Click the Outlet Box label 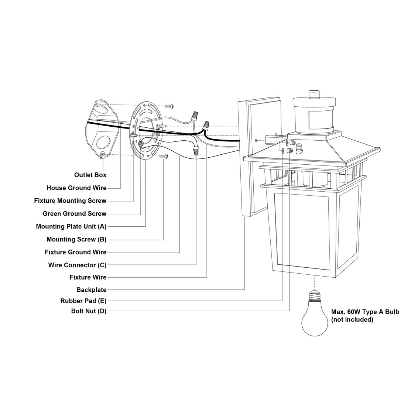tap(90, 175)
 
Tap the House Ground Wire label tap(76, 188)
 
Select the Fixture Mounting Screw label tap(70, 201)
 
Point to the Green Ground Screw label tap(74, 213)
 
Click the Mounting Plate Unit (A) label tap(71, 227)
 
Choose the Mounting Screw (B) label tap(76, 239)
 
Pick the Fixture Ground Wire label tap(75, 252)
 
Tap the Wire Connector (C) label tap(77, 265)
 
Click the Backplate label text tap(92, 290)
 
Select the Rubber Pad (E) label tap(83, 301)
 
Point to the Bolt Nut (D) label tap(89, 311)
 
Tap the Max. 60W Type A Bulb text tap(365, 312)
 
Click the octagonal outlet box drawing tap(102, 130)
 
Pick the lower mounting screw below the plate tap(164, 156)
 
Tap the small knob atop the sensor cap tap(314, 94)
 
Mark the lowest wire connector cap tap(196, 151)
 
